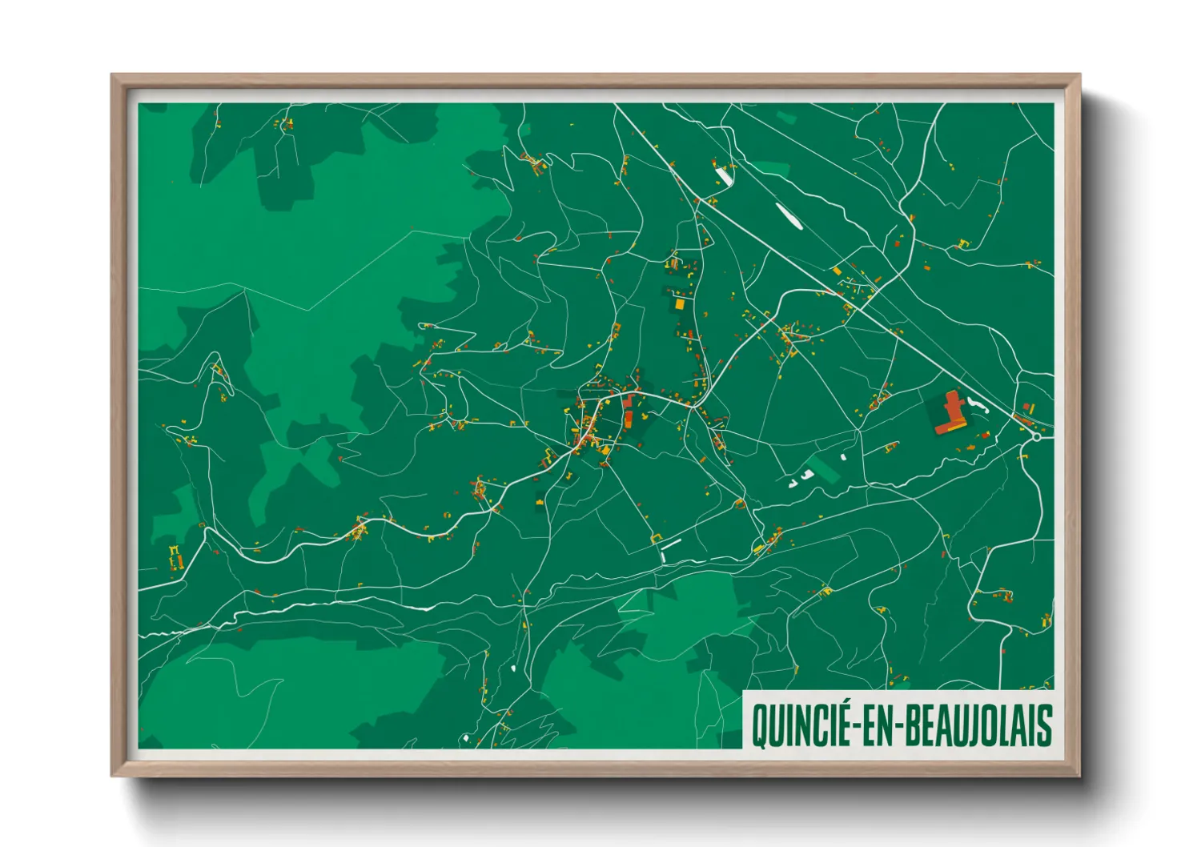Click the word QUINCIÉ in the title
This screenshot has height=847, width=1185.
(801, 725)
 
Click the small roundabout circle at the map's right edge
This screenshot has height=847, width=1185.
(1036, 437)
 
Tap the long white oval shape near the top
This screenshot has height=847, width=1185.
(788, 215)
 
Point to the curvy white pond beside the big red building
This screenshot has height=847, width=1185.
(978, 404)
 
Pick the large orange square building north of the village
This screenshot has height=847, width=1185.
(680, 304)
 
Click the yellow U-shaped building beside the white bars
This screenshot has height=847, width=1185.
(656, 539)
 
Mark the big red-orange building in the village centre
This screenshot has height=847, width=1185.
(629, 411)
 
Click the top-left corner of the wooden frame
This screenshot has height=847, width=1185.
(112, 75)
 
